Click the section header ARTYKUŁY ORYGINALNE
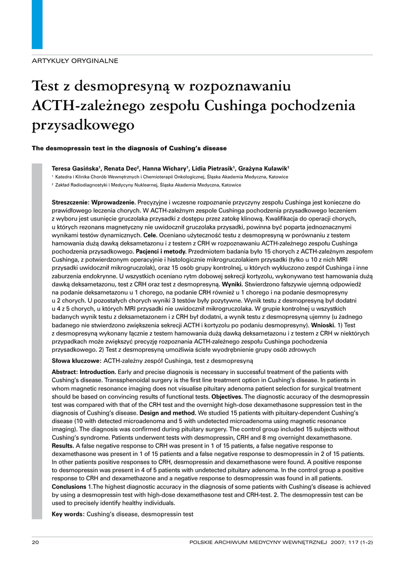tap(74, 61)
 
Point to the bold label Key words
tap(68, 514)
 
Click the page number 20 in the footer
tap(36, 542)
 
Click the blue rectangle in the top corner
tap(37, 24)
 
